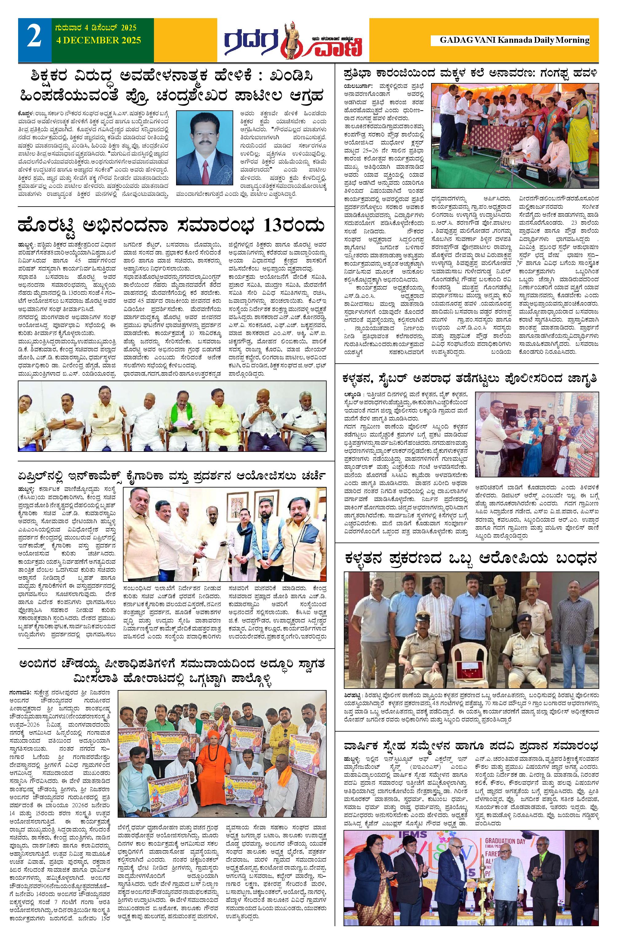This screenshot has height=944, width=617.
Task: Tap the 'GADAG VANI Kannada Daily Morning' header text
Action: pyautogui.click(x=514, y=40)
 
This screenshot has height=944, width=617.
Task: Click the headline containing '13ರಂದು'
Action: pyautogui.click(x=172, y=227)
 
